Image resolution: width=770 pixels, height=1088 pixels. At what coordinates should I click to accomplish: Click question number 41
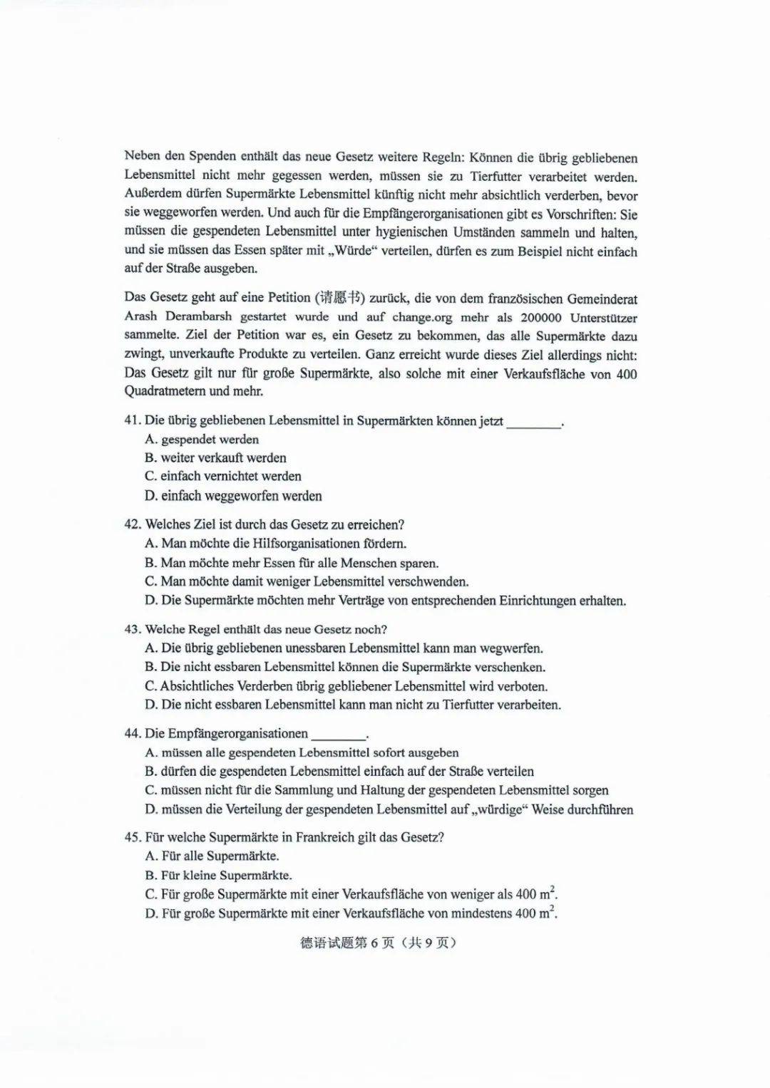coord(133,420)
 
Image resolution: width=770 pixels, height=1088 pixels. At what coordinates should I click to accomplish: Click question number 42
coord(133,525)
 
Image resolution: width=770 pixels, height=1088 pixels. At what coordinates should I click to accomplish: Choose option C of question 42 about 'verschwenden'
coord(307,581)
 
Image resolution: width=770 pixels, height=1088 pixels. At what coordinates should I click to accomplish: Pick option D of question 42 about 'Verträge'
coord(385,601)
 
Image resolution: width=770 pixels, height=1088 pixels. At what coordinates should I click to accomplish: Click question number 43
coord(133,630)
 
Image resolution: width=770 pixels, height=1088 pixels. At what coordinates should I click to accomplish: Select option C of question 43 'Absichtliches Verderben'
coord(346,687)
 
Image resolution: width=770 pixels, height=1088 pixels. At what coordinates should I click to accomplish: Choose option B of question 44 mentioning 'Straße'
coord(339,772)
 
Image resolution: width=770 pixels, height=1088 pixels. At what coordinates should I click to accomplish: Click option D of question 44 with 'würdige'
coord(389,809)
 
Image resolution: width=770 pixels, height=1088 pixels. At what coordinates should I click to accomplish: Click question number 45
coord(133,838)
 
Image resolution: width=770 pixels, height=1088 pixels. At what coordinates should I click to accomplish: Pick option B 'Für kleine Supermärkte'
coord(218,876)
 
